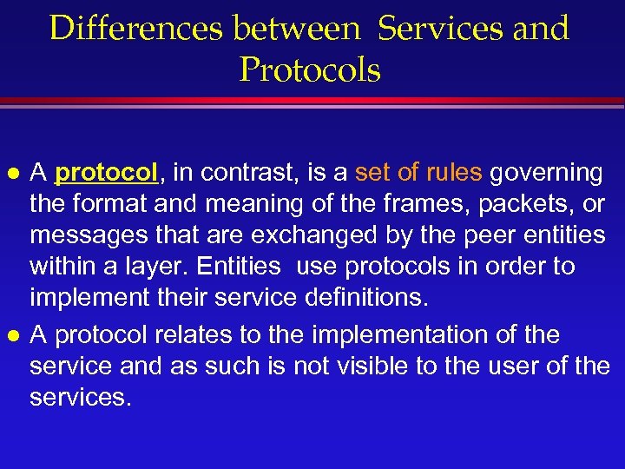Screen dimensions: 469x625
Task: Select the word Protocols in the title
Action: pyautogui.click(x=310, y=70)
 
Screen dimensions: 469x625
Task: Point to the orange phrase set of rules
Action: pyautogui.click(x=418, y=173)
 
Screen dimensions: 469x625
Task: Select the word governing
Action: pyautogui.click(x=546, y=173)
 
